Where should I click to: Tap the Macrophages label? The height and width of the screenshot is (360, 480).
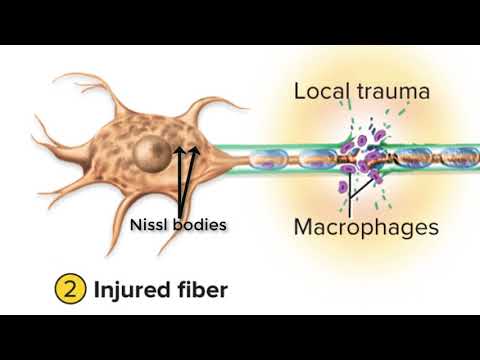tap(366, 227)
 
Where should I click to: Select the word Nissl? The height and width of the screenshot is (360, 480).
tap(152, 224)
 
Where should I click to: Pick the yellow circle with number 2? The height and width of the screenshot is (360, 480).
tap(68, 290)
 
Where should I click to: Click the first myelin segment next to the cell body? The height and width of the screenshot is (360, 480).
tap(269, 157)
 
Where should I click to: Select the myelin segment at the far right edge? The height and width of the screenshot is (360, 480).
tap(464, 157)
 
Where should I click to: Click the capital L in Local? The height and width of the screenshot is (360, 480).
tap(300, 91)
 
